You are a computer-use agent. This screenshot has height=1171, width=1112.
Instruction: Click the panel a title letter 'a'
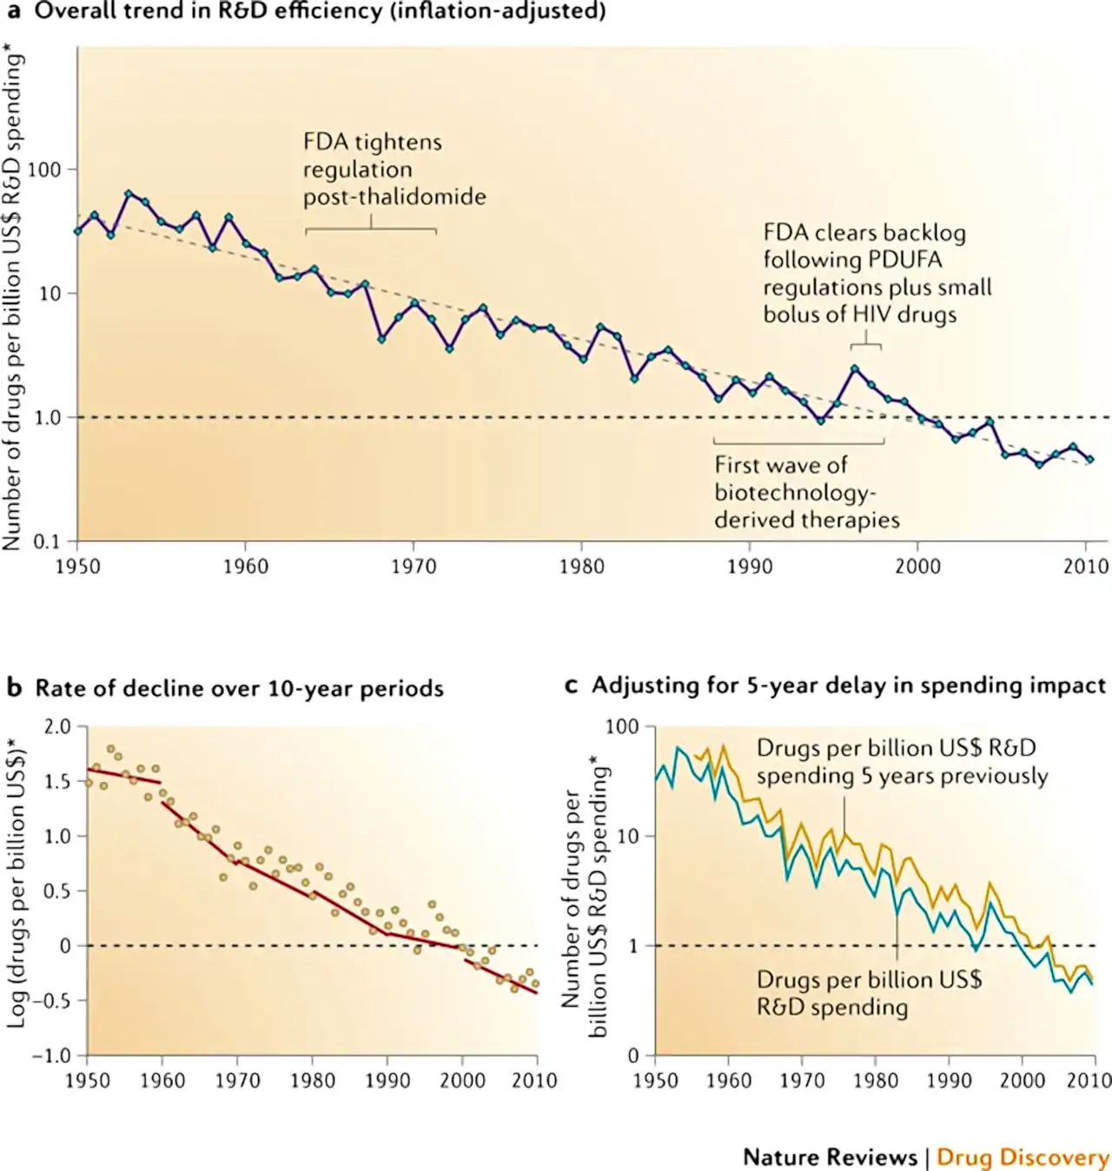point(13,12)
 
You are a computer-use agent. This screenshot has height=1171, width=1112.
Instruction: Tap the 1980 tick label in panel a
point(581,566)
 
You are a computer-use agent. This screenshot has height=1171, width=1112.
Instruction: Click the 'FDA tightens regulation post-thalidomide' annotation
point(394,169)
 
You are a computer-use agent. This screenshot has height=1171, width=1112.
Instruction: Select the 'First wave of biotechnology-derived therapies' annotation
point(807,492)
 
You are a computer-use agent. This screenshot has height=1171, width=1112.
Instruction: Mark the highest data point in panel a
point(128,194)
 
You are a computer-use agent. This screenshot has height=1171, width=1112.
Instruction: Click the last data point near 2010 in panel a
point(1090,460)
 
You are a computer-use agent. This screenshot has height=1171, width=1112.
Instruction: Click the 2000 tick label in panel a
point(917,566)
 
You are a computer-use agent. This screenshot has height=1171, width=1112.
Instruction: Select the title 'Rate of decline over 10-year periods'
point(240,688)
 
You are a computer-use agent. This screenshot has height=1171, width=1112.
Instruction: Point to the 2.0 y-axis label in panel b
point(58,726)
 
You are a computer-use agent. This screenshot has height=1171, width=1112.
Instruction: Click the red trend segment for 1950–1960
point(124,776)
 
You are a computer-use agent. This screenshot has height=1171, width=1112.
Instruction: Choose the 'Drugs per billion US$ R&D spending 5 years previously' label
point(903,762)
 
